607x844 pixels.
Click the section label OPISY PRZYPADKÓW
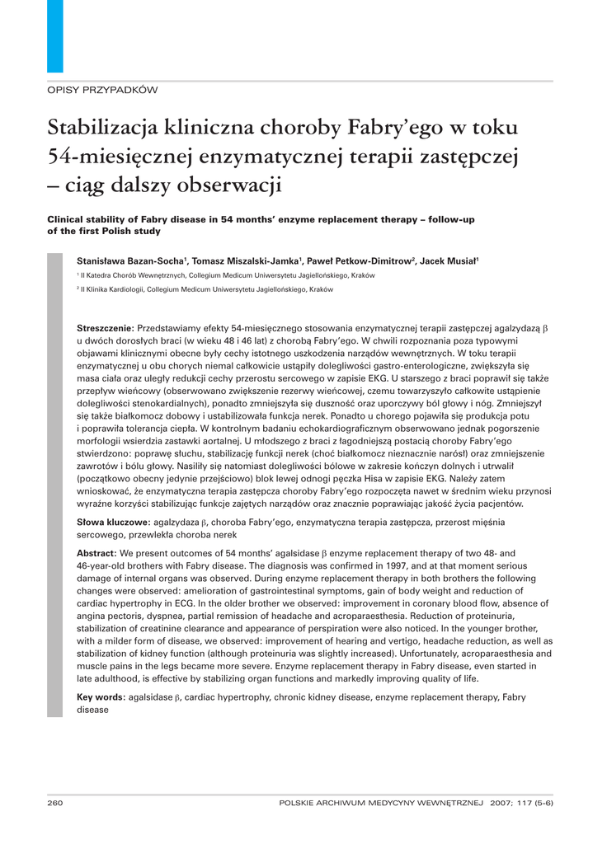pyautogui.click(x=102, y=89)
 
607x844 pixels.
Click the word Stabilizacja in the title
pyautogui.click(x=102, y=129)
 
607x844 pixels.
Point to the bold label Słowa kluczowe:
pyautogui.click(x=111, y=523)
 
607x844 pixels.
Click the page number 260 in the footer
pyautogui.click(x=55, y=802)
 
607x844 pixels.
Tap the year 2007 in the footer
pyautogui.click(x=501, y=802)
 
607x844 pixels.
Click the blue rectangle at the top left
pyautogui.click(x=55, y=35)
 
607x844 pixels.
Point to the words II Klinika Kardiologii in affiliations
pyautogui.click(x=112, y=290)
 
